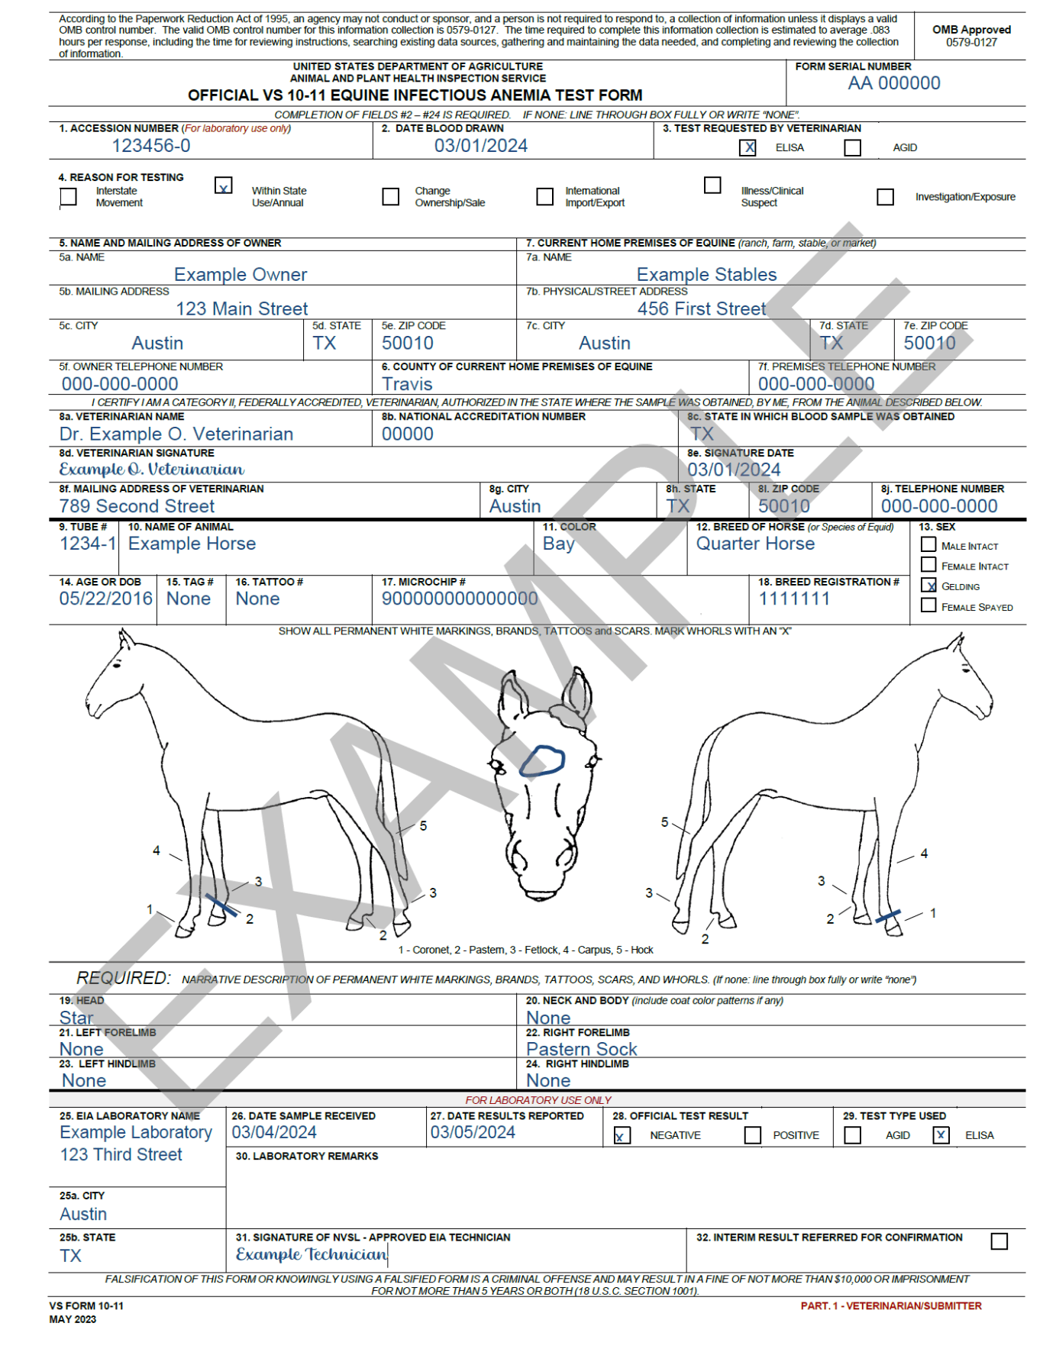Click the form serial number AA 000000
pos(893,83)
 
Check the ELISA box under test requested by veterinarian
pos(748,147)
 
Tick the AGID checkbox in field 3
pos(852,147)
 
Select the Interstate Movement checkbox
pos(69,197)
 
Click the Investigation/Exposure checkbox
pos(885,197)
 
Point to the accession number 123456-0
pos(151,146)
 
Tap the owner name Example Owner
pos(241,275)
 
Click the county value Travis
pos(407,384)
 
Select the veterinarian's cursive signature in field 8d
pos(151,470)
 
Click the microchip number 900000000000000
pos(460,599)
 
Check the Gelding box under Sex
pos(928,586)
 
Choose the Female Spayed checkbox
pos(928,605)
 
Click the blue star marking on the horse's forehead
pos(542,761)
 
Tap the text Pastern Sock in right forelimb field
pos(581,1049)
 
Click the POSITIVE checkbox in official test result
pos(753,1135)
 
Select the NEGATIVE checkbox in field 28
pos(622,1135)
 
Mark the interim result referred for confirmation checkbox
pos(999,1241)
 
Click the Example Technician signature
pos(312,1254)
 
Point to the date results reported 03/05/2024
pos(473,1132)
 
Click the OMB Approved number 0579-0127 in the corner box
pos(971,42)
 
